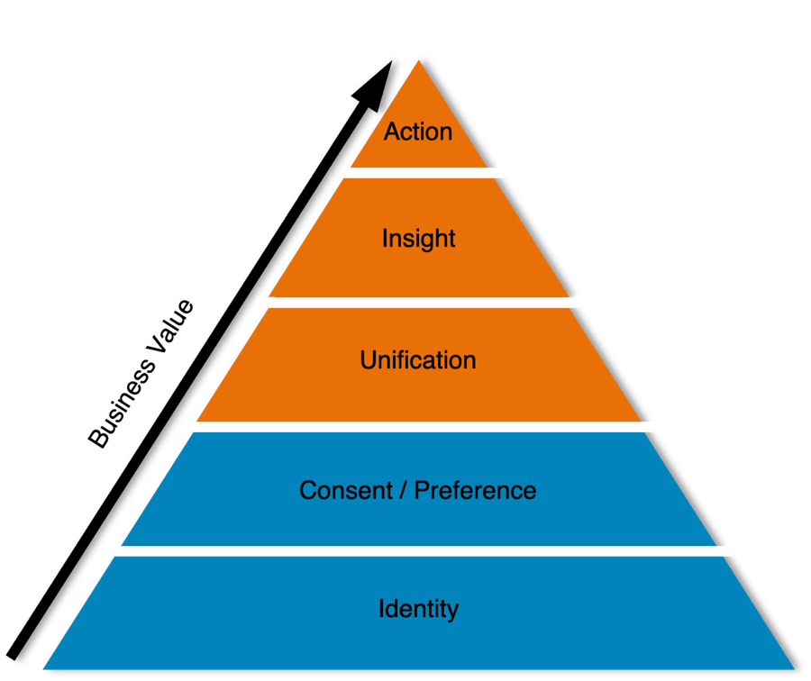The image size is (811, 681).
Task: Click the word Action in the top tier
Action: click(418, 132)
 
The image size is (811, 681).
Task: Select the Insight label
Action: click(418, 239)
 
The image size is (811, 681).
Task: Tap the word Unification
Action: click(418, 360)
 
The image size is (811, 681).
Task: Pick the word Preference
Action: click(475, 491)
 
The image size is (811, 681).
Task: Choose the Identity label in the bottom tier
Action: click(418, 610)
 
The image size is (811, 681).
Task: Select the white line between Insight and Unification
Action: click(419, 303)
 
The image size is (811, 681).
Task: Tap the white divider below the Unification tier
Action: click(423, 426)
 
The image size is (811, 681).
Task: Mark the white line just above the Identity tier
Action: click(419, 550)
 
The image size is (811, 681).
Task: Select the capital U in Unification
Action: click(368, 360)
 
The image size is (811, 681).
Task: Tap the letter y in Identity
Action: click(452, 612)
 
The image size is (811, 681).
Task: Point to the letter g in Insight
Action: click(430, 241)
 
